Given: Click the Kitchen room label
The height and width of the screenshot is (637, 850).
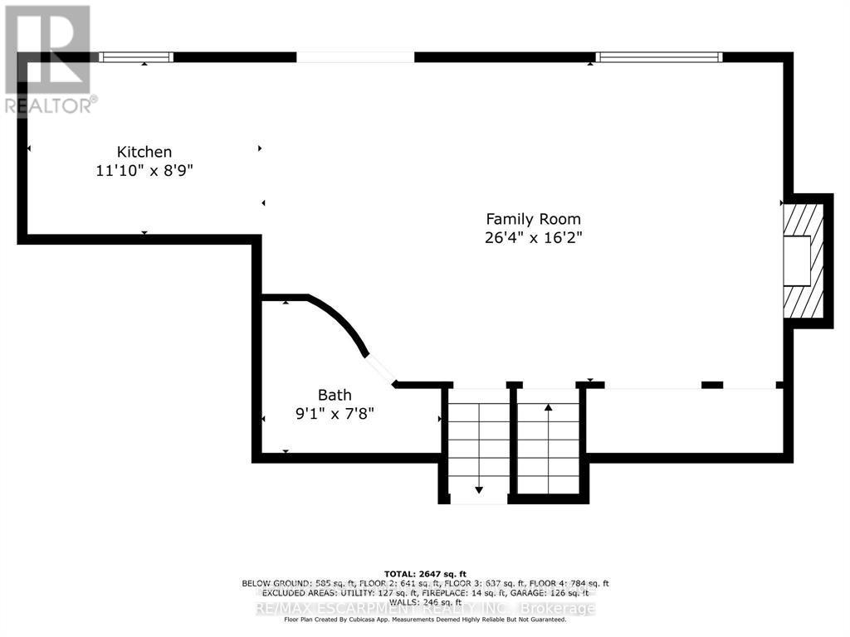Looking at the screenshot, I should [x=144, y=152].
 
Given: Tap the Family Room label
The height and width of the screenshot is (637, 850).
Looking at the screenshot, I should [x=533, y=219].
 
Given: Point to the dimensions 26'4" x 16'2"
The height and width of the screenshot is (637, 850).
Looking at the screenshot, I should [x=533, y=237].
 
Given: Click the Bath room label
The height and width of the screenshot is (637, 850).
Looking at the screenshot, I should [x=335, y=395].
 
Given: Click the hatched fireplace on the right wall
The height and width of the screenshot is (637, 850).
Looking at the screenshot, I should [x=804, y=261].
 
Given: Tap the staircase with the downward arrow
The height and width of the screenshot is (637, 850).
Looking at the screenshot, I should [x=478, y=448].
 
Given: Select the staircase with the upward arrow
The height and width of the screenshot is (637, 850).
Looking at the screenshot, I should [x=548, y=444].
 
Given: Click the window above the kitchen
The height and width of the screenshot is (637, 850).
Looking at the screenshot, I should [x=136, y=57].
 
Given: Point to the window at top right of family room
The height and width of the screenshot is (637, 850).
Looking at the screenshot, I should [x=659, y=57].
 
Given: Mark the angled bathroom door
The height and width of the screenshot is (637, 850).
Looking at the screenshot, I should [x=380, y=369].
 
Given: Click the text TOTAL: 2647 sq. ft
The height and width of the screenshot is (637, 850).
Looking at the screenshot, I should [x=425, y=574].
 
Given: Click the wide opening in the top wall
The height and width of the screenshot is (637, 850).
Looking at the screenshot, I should [x=355, y=57].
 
